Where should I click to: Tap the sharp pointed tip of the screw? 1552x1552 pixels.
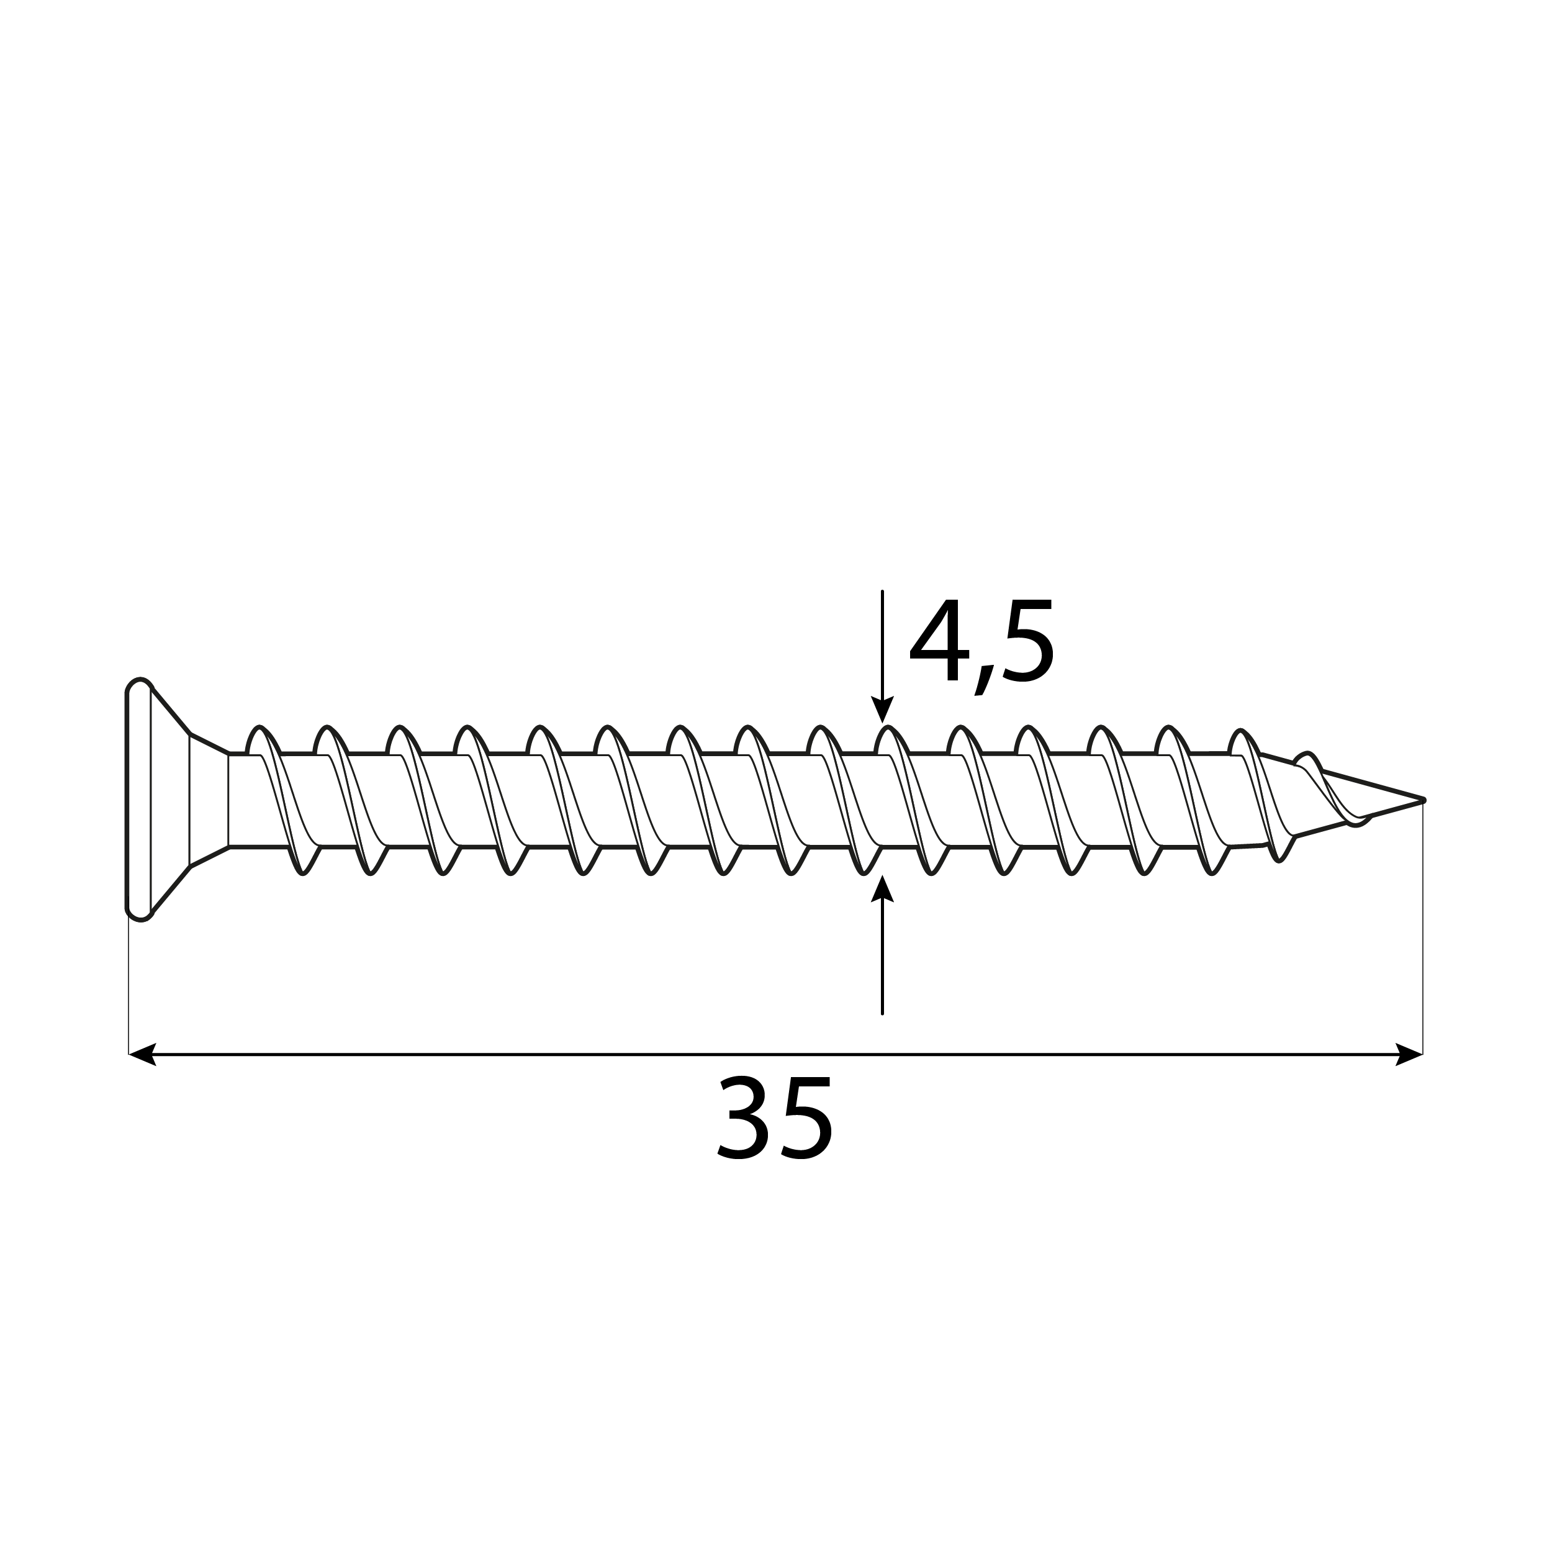1420,800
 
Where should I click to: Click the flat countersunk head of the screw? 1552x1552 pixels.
139,800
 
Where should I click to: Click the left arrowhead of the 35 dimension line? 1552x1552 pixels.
142,1055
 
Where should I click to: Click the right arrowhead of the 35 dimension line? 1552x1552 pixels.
1410,1055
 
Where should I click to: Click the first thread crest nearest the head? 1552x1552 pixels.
260,731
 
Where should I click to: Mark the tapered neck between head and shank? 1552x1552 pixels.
209,800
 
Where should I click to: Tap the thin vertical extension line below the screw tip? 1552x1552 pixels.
1423,924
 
